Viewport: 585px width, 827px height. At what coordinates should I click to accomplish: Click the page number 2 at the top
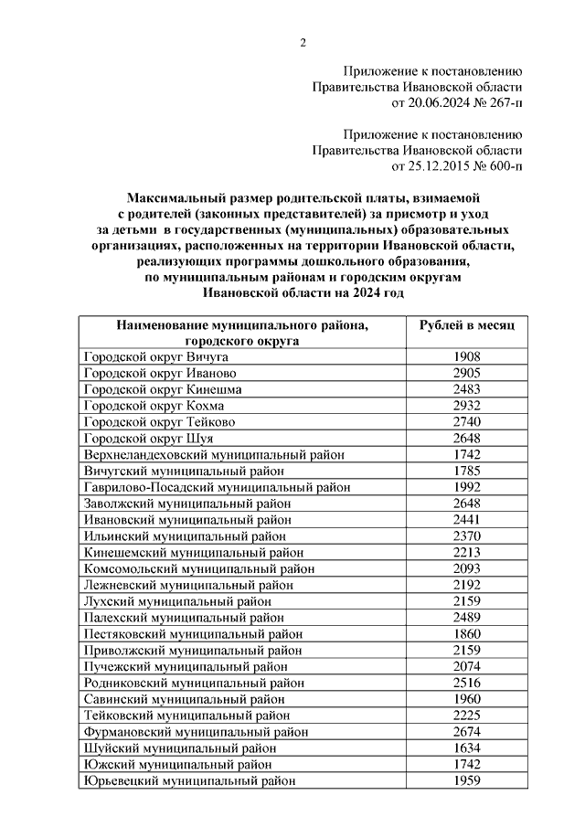(x=303, y=42)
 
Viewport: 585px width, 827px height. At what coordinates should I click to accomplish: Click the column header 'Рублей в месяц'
(x=467, y=325)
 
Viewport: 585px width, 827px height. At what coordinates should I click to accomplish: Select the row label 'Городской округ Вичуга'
(x=155, y=356)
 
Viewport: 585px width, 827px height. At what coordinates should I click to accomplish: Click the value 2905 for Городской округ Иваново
(x=467, y=373)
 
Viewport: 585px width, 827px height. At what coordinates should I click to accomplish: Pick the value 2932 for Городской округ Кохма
(x=467, y=405)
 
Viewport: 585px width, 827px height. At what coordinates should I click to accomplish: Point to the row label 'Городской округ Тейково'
(x=159, y=421)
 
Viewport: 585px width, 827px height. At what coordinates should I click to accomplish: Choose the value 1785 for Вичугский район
(x=467, y=471)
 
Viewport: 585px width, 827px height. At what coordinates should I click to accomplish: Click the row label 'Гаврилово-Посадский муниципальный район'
(x=217, y=487)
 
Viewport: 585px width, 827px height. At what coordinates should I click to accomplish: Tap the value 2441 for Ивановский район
(x=467, y=519)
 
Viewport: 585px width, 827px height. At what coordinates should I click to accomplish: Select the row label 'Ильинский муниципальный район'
(x=186, y=535)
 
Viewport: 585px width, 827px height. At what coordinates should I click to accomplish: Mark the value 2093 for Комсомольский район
(x=467, y=568)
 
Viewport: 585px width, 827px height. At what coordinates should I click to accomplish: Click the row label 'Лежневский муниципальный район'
(x=189, y=585)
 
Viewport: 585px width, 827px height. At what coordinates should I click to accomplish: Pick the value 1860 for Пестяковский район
(x=467, y=633)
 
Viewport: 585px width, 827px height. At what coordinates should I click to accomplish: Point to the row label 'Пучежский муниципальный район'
(x=186, y=666)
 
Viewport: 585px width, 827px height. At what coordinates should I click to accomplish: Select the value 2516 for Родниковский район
(x=467, y=683)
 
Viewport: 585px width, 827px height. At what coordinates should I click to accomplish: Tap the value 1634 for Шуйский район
(x=467, y=747)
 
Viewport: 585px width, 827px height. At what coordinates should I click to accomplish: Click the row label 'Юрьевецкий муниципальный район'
(x=189, y=780)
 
